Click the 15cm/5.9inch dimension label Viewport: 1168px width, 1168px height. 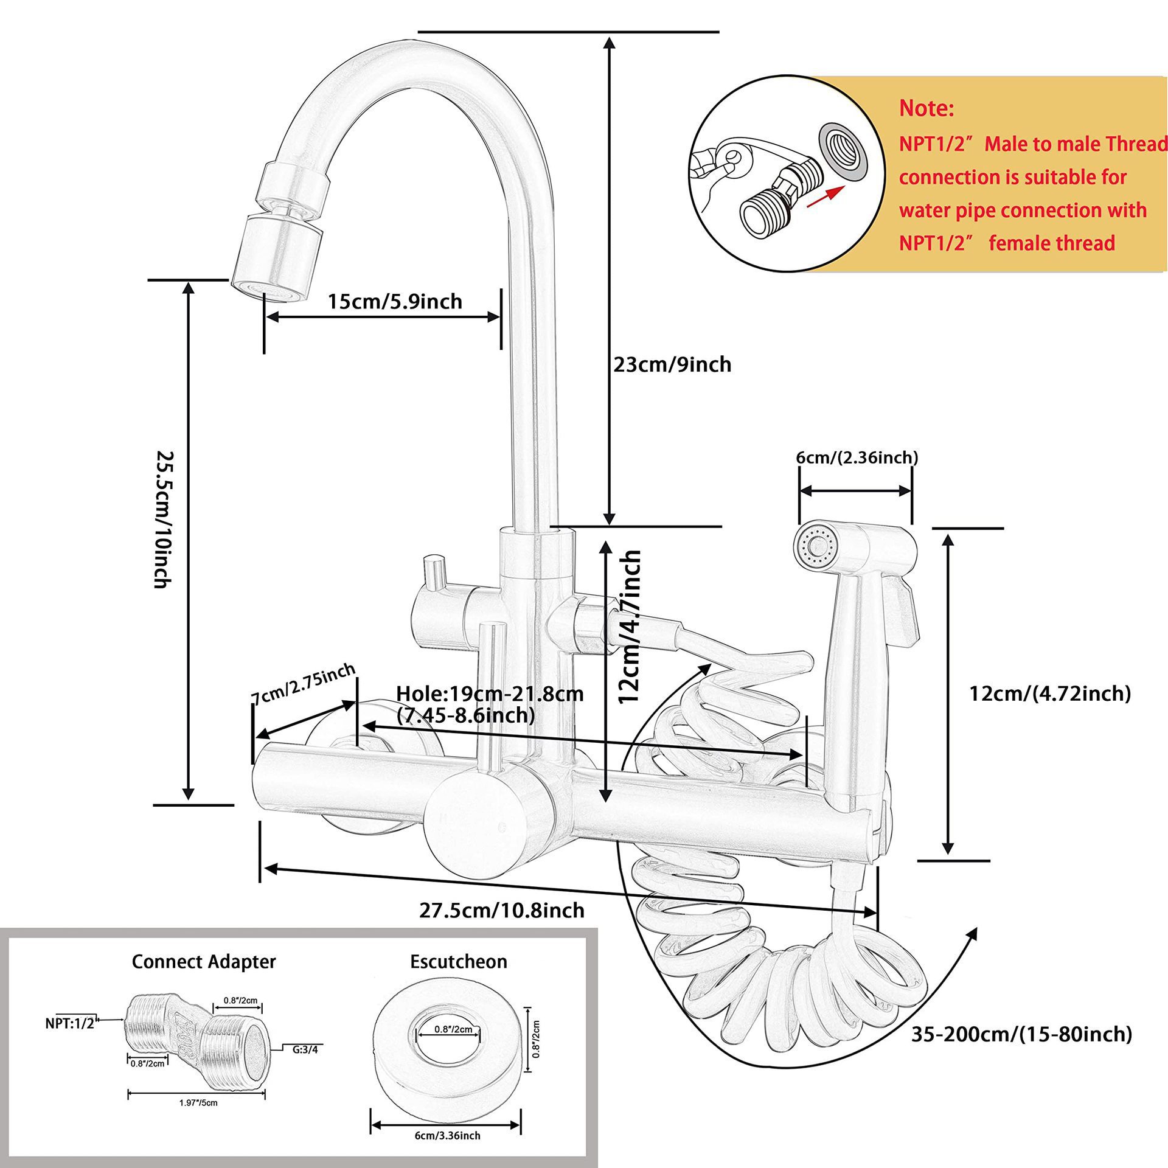click(x=395, y=301)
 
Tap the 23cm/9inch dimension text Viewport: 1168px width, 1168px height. click(x=672, y=364)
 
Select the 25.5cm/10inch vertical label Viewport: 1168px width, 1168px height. click(x=161, y=519)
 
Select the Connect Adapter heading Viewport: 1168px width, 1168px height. click(x=204, y=961)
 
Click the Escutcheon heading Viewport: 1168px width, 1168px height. click(x=459, y=961)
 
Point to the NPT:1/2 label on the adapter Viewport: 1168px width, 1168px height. click(x=70, y=1023)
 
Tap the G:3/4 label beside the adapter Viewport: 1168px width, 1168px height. click(x=305, y=1048)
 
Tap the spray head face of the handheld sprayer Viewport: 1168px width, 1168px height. click(x=818, y=543)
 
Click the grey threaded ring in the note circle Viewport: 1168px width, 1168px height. click(x=843, y=152)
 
